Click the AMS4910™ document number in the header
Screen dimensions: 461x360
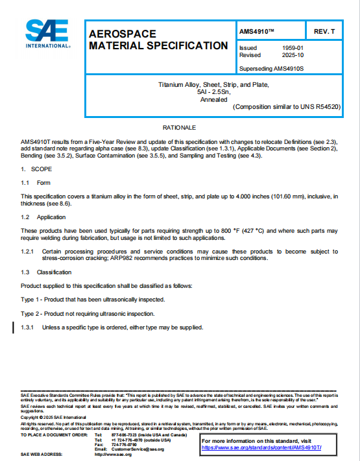[x=258, y=32]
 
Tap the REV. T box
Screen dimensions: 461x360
[x=324, y=32]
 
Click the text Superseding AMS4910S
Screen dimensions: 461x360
[x=272, y=67]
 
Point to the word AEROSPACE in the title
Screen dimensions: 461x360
[x=119, y=34]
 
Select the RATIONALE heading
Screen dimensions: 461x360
[x=179, y=127]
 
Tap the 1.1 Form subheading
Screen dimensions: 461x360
[x=36, y=183]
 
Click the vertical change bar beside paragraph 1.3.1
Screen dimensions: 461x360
[x=14, y=327]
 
